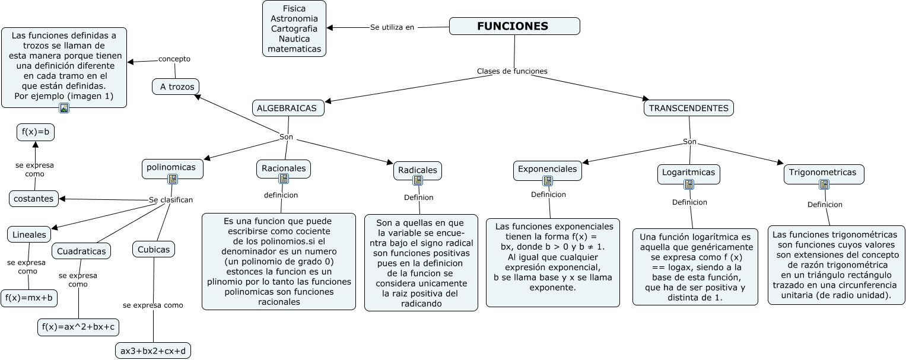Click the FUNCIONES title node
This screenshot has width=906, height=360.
514,26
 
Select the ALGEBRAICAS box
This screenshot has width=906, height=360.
289,108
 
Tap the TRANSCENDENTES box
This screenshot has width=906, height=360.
688,108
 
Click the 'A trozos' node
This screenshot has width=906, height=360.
176,87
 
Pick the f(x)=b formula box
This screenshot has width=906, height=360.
36,132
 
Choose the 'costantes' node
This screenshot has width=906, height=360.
34,199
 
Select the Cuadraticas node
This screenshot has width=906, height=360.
81,251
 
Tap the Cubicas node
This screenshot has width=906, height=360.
154,249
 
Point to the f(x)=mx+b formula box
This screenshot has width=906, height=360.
29,298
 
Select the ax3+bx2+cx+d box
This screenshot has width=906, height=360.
153,351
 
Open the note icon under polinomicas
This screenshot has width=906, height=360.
173,179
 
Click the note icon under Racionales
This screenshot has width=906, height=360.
284,178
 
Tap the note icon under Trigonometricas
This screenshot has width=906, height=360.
824,184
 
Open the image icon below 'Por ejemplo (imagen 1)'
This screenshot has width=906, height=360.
64,107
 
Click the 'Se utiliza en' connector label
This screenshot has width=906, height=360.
392,27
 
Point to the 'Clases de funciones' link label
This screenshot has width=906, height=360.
512,71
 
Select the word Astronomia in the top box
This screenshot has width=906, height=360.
294,18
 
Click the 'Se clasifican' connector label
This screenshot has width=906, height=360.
171,200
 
